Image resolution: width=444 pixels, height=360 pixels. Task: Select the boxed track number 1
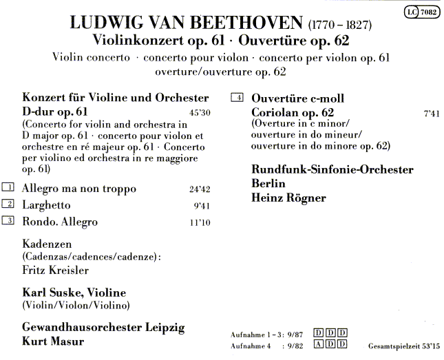pos(8,188)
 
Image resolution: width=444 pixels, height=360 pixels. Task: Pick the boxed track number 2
pos(8,204)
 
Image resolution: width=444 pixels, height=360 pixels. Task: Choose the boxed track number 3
pos(8,221)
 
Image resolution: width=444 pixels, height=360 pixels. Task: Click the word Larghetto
pos(46,205)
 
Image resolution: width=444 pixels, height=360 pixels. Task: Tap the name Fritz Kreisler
pos(55,271)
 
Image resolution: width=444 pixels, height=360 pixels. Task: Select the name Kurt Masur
pos(52,341)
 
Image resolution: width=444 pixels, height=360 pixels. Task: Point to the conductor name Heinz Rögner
pos(288,198)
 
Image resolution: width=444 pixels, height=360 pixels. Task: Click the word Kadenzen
pos(46,244)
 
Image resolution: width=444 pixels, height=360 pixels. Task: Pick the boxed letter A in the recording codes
pos(318,344)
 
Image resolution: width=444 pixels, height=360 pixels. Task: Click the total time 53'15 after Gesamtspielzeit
pos(431,346)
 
